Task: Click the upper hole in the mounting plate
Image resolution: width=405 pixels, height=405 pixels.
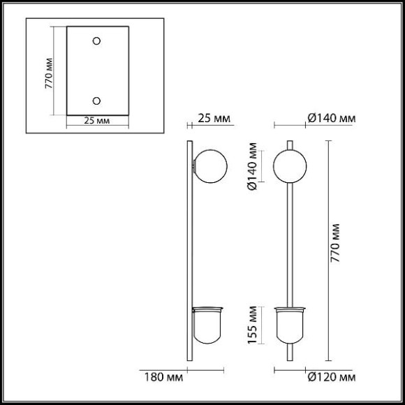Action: [96, 40]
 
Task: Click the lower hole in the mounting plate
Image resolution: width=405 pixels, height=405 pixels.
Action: [96, 101]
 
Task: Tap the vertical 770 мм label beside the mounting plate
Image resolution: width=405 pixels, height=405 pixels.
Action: [49, 73]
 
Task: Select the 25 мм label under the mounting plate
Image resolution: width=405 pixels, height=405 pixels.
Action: [97, 121]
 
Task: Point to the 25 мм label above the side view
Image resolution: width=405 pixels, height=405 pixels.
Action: [214, 118]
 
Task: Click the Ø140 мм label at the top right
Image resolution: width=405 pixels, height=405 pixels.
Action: [332, 118]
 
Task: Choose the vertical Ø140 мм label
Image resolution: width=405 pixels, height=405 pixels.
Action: [252, 166]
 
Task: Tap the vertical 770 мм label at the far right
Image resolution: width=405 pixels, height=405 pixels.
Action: [335, 243]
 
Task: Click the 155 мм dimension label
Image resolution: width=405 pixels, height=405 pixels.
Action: [252, 325]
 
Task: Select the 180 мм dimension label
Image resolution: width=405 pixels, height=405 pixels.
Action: [163, 377]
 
